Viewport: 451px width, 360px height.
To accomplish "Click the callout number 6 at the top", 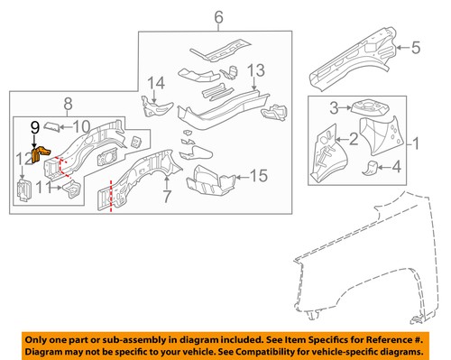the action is click(x=219, y=17).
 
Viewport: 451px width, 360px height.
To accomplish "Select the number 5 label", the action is click(x=416, y=48).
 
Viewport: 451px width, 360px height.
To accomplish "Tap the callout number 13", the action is click(x=256, y=70).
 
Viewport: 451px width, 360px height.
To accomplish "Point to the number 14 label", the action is click(x=156, y=83).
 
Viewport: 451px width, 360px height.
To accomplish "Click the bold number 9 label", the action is click(x=35, y=127).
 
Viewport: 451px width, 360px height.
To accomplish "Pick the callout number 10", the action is click(x=81, y=127).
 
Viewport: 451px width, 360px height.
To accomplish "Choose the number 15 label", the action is click(x=259, y=175).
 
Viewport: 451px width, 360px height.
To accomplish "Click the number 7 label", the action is click(x=167, y=197).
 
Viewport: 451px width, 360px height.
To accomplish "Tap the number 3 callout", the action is click(x=334, y=108).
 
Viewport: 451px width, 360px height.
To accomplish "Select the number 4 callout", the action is click(x=397, y=167).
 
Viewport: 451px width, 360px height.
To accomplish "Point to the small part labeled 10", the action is click(x=51, y=126).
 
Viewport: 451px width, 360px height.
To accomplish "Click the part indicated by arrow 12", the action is click(x=23, y=190).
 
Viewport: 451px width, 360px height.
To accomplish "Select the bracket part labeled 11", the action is click(x=72, y=189).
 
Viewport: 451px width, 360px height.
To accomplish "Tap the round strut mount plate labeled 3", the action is click(x=369, y=106).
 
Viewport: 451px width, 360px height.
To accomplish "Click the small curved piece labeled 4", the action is click(x=370, y=169).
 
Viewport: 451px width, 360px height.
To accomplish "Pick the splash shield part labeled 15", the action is click(x=210, y=180).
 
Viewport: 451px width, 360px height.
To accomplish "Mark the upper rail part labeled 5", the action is click(x=354, y=60).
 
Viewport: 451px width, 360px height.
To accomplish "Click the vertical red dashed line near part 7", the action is click(x=111, y=196).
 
